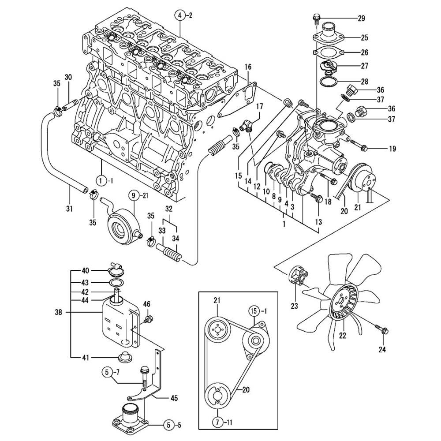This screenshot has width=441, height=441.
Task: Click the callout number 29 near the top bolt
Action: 361,19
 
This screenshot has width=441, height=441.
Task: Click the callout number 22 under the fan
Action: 343,335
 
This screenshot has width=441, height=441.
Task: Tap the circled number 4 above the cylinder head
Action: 180,15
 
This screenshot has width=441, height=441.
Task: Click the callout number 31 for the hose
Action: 69,209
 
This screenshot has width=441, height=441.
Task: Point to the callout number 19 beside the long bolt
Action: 392,149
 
